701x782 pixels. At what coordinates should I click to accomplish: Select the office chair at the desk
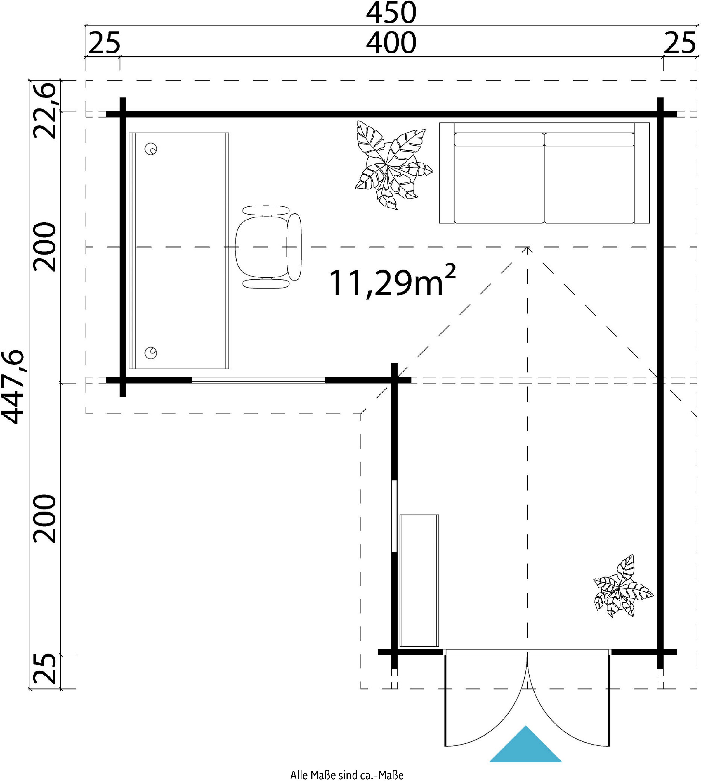tap(268, 247)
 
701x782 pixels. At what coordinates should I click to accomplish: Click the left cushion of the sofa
tap(499, 178)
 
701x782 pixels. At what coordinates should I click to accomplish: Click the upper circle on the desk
tap(151, 149)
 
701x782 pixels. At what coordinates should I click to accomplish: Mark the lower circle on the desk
tap(151, 353)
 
